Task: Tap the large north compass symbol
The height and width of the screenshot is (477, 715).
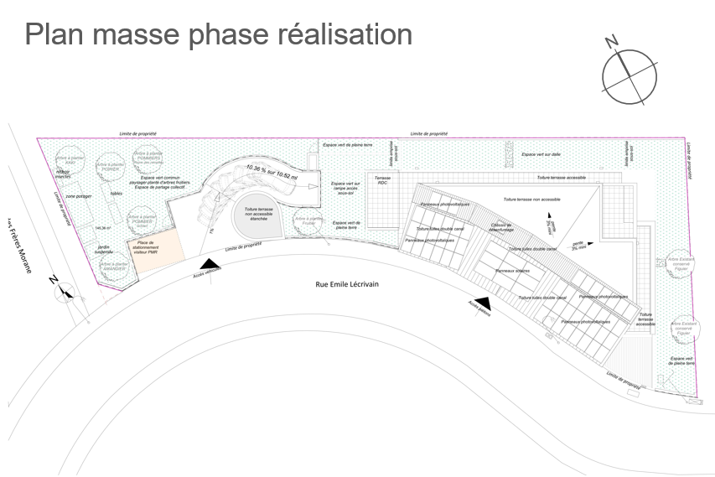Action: (x=628, y=75)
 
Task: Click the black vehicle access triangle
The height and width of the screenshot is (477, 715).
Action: (x=213, y=267)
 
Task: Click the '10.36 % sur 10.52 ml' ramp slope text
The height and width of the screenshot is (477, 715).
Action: (x=271, y=172)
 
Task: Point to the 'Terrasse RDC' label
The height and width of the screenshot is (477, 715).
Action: (x=382, y=180)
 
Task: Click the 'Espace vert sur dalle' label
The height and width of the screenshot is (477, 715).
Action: (x=541, y=154)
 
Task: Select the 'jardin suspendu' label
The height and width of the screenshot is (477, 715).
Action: (x=104, y=249)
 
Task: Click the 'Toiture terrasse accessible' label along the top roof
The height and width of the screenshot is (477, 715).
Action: (x=561, y=178)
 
